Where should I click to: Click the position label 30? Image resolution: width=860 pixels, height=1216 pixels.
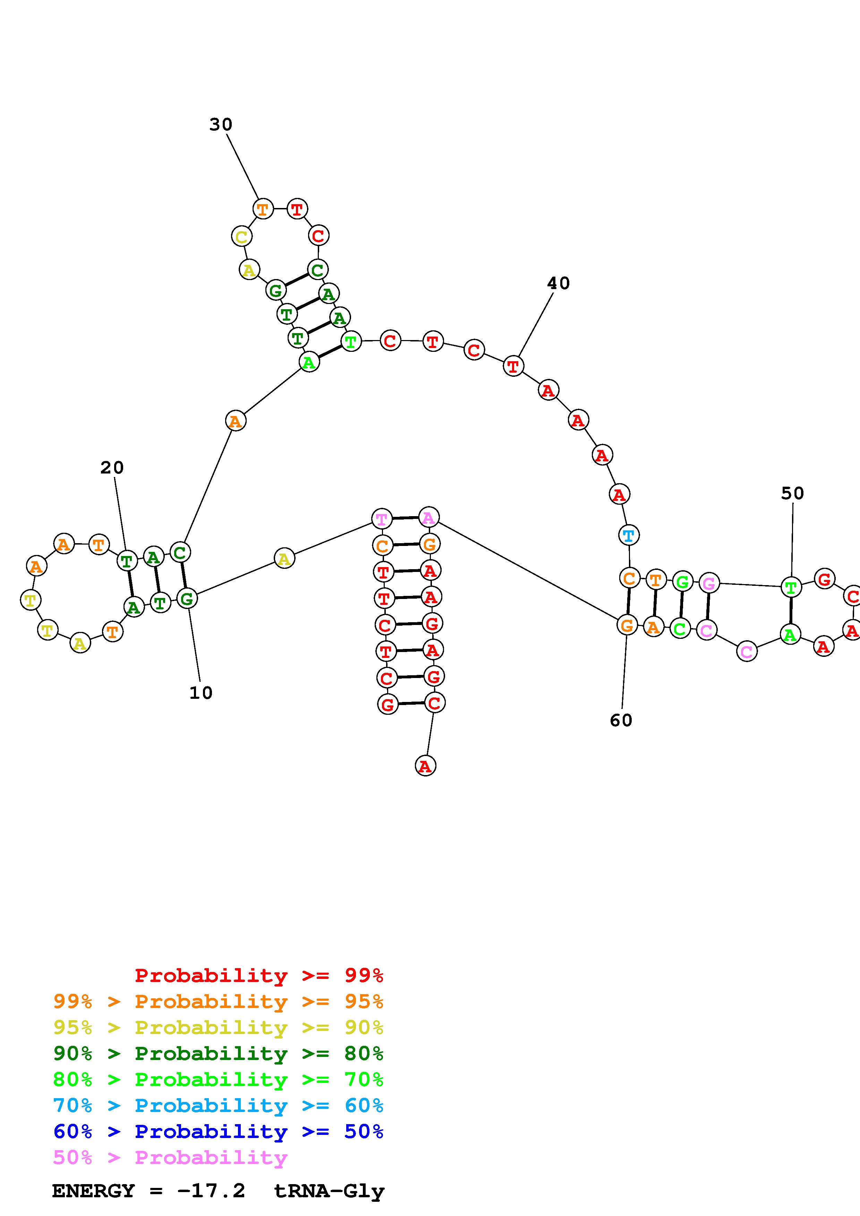point(220,124)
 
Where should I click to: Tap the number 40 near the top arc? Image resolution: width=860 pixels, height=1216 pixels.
point(558,283)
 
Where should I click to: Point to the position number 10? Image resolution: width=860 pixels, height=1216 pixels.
point(201,693)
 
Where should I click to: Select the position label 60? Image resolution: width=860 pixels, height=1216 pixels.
point(621,720)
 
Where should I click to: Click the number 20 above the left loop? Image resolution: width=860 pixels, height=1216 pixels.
point(112,468)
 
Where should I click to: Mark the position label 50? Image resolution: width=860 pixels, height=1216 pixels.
point(792,494)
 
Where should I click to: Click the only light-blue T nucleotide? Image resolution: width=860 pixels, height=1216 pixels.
point(629,536)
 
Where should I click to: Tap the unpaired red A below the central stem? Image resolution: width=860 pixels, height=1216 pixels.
point(425,766)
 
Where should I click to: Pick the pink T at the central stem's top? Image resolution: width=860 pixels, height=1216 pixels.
point(382,519)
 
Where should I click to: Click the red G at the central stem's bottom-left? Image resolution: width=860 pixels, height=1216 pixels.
point(388,704)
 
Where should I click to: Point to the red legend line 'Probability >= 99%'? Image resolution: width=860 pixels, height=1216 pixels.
point(258,975)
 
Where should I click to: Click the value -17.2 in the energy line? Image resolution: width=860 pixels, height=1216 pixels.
point(211,1191)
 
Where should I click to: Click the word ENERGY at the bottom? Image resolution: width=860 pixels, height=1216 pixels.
point(93,1191)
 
